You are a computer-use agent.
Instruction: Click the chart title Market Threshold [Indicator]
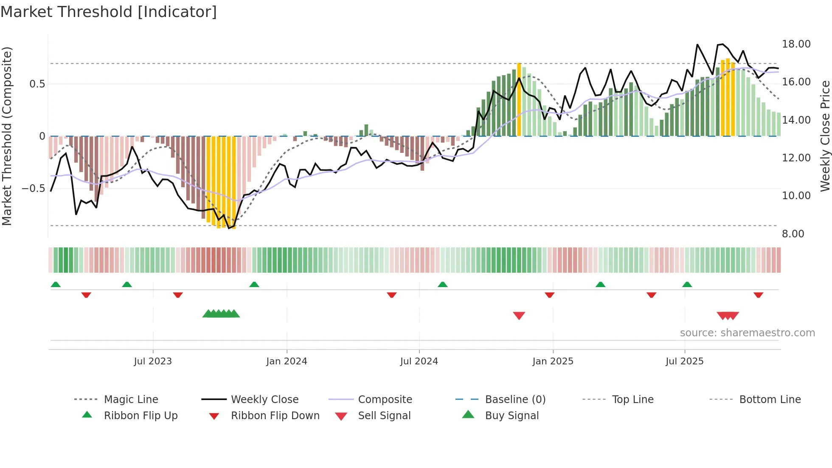click(x=109, y=12)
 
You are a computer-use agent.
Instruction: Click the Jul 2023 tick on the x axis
click(x=153, y=361)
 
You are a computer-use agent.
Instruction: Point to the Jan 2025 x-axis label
click(x=553, y=361)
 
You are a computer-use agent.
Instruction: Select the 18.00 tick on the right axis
click(x=796, y=44)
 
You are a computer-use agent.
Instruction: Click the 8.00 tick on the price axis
click(x=793, y=234)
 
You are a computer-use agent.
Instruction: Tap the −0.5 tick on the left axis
click(x=34, y=188)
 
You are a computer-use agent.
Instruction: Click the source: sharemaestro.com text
click(x=747, y=333)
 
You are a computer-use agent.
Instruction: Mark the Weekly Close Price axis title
click(x=825, y=136)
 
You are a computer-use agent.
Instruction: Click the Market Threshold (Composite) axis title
click(x=7, y=136)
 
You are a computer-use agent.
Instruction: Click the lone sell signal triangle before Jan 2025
click(x=519, y=316)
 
